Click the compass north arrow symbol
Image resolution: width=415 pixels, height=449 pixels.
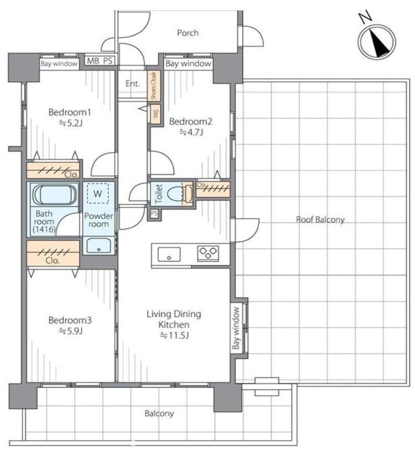click(x=377, y=41)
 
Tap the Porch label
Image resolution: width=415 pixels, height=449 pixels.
click(x=188, y=33)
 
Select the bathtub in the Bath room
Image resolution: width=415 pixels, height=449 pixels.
click(x=54, y=195)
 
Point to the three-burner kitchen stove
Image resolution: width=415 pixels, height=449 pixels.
click(x=208, y=253)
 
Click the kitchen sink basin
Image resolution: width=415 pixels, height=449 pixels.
click(x=169, y=254)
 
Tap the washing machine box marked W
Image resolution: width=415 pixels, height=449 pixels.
click(x=98, y=193)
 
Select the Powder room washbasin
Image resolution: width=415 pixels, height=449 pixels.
click(x=98, y=246)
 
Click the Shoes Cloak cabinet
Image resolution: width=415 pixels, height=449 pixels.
click(x=154, y=86)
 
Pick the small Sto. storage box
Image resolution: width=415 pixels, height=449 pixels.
click(x=156, y=114)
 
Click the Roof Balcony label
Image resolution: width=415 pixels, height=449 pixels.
click(x=320, y=220)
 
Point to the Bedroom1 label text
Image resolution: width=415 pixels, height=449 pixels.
click(x=70, y=112)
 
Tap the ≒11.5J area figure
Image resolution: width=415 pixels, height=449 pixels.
click(x=174, y=335)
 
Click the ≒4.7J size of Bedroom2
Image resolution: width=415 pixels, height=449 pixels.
click(x=191, y=132)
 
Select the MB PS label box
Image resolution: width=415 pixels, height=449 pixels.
click(x=100, y=61)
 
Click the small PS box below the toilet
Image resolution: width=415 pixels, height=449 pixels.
click(x=154, y=213)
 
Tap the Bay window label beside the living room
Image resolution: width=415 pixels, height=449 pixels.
click(x=236, y=328)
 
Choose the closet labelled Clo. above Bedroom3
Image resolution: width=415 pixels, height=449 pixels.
click(x=53, y=254)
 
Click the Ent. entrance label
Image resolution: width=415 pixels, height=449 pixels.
click(x=133, y=84)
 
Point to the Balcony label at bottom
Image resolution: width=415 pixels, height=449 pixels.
click(x=159, y=413)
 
